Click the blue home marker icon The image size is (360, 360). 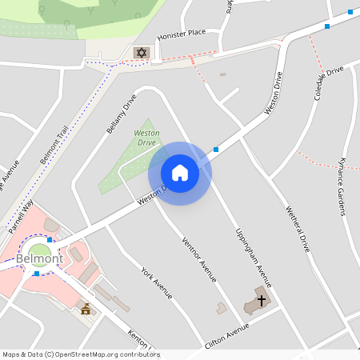179,173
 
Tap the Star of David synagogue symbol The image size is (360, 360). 142,53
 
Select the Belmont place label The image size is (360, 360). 39,258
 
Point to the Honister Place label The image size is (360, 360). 182,34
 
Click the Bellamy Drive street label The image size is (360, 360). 122,113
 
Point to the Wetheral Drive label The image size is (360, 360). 297,229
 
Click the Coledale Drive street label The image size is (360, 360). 329,83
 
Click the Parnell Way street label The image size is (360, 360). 22,216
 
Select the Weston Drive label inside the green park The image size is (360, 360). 146,137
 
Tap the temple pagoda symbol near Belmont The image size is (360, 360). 86,308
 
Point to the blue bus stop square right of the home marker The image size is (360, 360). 216,149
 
